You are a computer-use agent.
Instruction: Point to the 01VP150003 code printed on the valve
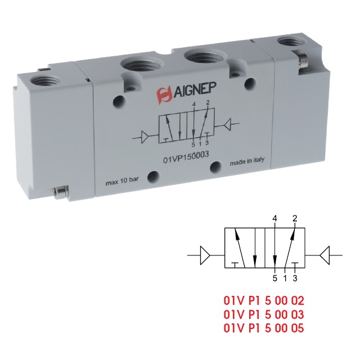tap(186, 157)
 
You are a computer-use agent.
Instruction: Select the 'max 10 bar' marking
tap(122, 181)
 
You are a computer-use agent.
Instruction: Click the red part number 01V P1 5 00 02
tap(264, 300)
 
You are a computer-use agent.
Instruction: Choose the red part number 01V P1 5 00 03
tap(264, 314)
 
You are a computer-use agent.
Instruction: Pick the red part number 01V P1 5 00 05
tap(264, 328)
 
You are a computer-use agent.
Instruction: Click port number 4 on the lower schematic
tap(274, 218)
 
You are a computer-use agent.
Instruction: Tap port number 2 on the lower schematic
tap(295, 218)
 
